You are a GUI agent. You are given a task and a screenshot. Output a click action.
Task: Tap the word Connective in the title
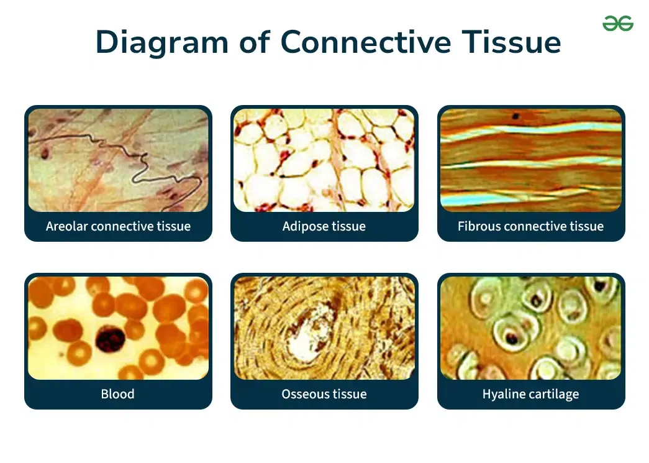[366, 42]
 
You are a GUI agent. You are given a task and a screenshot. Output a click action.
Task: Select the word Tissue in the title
[512, 42]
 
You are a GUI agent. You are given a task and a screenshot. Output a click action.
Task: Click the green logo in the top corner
[618, 23]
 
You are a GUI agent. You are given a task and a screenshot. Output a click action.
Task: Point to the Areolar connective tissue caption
[119, 226]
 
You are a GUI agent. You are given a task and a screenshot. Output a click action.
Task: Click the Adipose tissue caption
[324, 227]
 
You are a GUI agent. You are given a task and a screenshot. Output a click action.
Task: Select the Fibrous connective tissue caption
[530, 226]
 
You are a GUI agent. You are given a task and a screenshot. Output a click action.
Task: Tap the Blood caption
[117, 394]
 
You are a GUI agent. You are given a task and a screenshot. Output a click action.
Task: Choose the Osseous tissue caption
[324, 394]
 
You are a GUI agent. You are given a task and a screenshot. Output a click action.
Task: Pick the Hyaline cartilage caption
[530, 394]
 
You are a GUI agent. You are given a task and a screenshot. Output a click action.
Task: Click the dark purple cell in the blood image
[110, 339]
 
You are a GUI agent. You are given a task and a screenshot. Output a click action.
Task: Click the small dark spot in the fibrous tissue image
[515, 116]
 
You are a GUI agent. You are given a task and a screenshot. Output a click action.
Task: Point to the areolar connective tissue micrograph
[119, 160]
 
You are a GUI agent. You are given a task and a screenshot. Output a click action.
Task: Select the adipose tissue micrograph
[324, 160]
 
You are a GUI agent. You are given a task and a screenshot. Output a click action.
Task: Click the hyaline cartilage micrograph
[531, 328]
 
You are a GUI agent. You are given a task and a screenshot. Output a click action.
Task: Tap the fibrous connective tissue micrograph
[531, 160]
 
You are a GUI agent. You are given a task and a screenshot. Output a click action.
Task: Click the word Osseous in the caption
[306, 394]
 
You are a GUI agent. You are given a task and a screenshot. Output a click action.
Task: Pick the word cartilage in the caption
[553, 394]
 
